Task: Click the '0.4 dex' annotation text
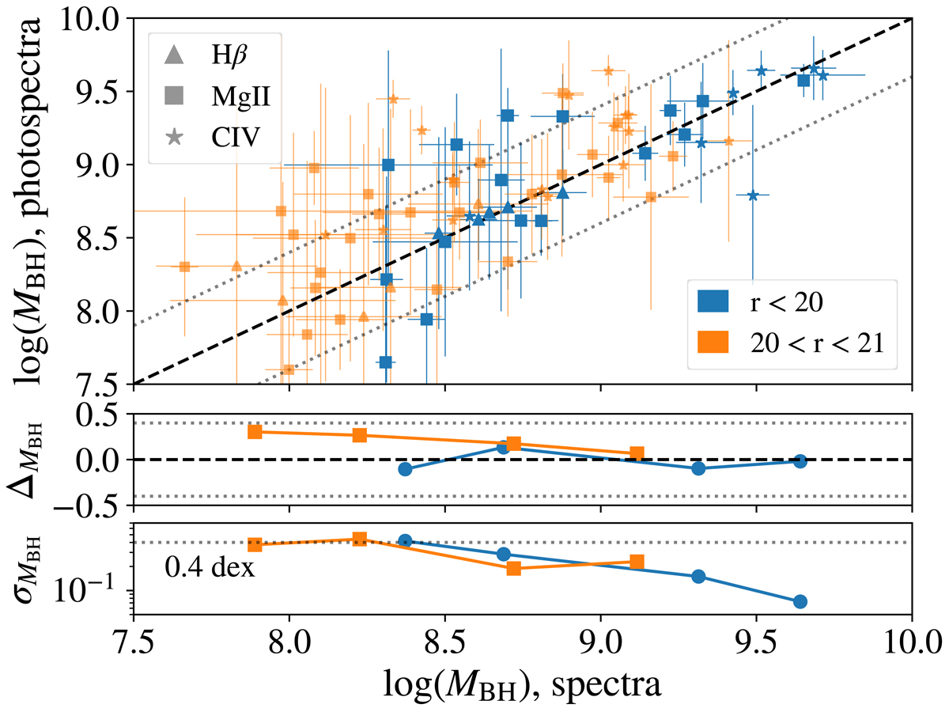[x=210, y=567]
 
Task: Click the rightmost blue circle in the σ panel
[x=800, y=601]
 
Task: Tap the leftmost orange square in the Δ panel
[x=255, y=431]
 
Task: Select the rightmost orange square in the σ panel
[x=637, y=562]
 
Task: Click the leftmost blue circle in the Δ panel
[x=406, y=469]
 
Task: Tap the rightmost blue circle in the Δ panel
[x=800, y=461]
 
